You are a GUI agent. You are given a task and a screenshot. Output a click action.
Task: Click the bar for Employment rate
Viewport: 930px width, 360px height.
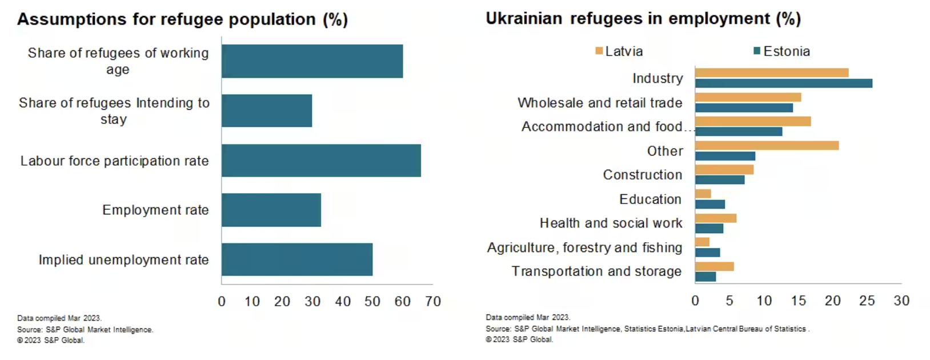point(271,210)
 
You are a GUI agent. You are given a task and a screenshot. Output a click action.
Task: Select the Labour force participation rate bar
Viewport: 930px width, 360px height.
point(321,161)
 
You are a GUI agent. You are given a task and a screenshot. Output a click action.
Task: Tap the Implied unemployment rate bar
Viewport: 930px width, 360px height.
point(297,259)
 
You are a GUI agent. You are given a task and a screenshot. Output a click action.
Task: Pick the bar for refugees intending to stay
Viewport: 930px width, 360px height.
point(267,111)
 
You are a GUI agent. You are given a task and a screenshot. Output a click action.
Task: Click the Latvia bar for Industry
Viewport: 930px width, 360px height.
point(771,73)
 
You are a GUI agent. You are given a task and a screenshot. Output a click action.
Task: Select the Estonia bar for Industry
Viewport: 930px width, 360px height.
point(783,83)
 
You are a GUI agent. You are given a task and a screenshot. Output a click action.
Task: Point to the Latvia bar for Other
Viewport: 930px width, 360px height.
point(767,146)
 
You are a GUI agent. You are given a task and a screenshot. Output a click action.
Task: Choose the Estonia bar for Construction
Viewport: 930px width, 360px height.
point(720,180)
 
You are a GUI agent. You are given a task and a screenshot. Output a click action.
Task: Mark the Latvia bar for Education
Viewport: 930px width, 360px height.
point(703,194)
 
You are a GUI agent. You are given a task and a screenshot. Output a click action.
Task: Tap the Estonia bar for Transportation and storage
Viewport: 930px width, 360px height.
point(705,277)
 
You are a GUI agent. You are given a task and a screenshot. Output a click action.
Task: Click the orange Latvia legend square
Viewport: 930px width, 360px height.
point(599,51)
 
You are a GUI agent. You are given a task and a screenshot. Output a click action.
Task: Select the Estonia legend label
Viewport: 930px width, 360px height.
point(787,51)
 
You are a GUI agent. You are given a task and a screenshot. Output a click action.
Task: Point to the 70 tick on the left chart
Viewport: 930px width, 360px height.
point(433,302)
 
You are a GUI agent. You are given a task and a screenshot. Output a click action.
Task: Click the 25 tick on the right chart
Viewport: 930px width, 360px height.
point(867,301)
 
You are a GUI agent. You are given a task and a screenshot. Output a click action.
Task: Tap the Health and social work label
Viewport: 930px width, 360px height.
point(611,223)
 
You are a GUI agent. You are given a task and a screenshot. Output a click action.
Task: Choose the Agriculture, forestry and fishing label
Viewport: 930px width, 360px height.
point(584,247)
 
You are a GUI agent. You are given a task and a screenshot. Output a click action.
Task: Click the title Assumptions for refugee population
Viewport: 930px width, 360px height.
point(182,19)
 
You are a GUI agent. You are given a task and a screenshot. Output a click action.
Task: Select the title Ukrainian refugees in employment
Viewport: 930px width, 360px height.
point(643,19)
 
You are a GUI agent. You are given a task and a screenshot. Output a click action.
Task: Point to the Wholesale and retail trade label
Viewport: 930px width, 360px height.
point(600,103)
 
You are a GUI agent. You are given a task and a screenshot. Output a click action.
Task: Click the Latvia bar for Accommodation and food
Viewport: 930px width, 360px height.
point(753,121)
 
